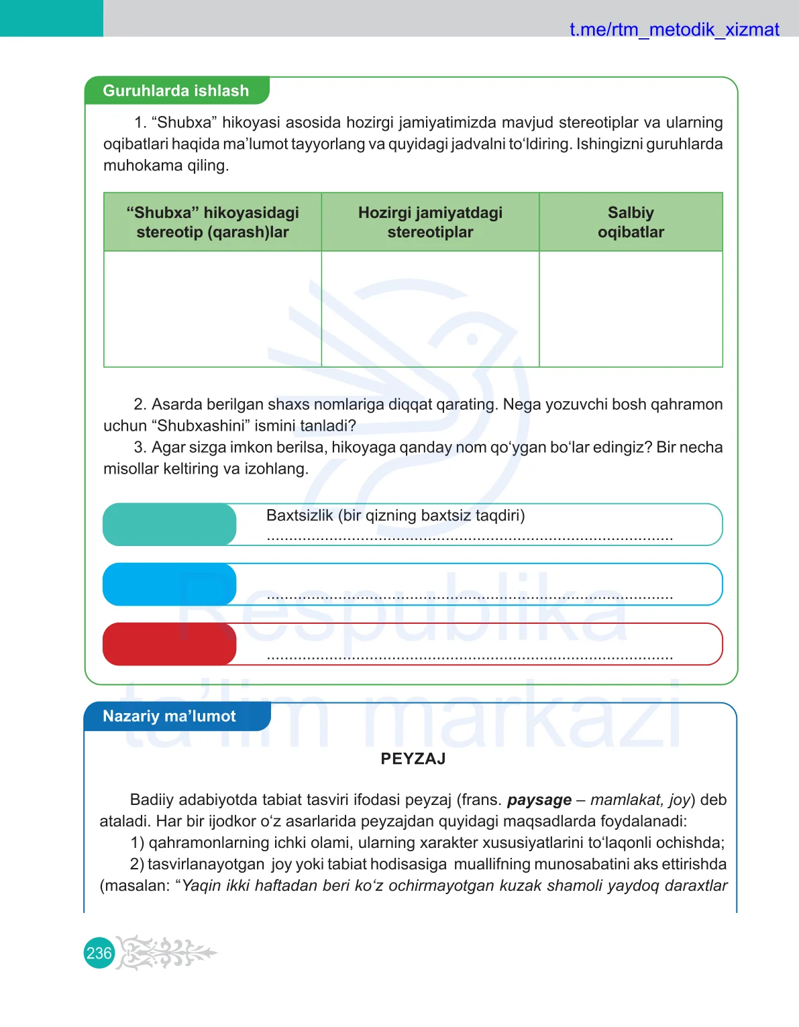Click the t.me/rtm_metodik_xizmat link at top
[x=674, y=30]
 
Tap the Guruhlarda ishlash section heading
[x=176, y=91]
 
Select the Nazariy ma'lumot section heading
[x=169, y=716]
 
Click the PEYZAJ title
[x=413, y=759]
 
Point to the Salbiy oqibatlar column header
[x=631, y=222]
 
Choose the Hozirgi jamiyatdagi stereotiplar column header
[x=430, y=222]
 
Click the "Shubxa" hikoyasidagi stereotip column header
[x=213, y=222]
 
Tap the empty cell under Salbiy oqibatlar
[x=631, y=309]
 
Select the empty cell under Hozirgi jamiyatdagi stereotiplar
[x=430, y=309]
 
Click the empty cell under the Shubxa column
[x=213, y=309]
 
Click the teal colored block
[x=170, y=524]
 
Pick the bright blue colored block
[x=170, y=584]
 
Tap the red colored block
[x=170, y=644]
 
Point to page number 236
[x=99, y=953]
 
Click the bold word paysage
[x=539, y=800]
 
